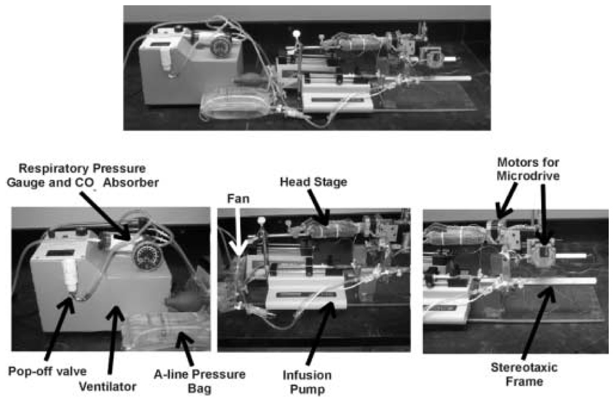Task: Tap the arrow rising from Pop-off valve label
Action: click(x=58, y=330)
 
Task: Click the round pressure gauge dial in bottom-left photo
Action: click(x=143, y=255)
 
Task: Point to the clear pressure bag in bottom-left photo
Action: click(x=164, y=332)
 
